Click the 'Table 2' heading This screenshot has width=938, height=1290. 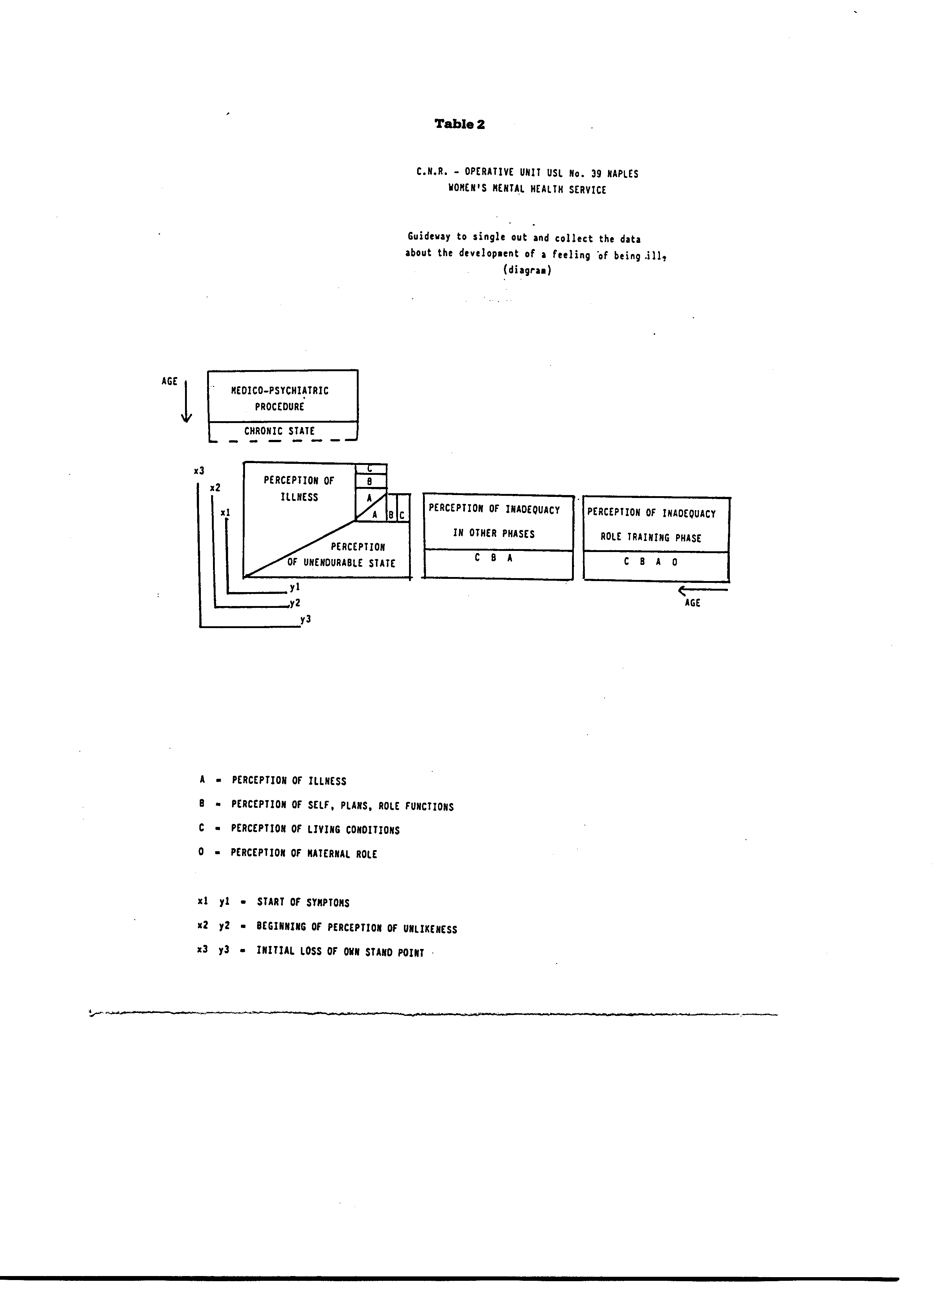coord(459,124)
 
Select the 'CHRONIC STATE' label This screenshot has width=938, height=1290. coord(280,431)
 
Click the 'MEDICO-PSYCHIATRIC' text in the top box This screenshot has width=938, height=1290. coord(280,391)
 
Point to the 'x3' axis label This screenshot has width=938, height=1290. coord(199,471)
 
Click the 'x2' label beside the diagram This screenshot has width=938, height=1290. coord(215,488)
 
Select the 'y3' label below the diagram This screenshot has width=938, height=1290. coord(306,619)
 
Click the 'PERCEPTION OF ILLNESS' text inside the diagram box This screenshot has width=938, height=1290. coord(299,488)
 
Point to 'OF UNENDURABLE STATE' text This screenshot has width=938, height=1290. coord(341,563)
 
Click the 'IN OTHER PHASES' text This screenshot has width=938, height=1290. coord(494,534)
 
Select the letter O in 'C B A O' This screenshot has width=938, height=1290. coord(675,562)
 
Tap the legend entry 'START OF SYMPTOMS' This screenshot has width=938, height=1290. coord(303,903)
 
